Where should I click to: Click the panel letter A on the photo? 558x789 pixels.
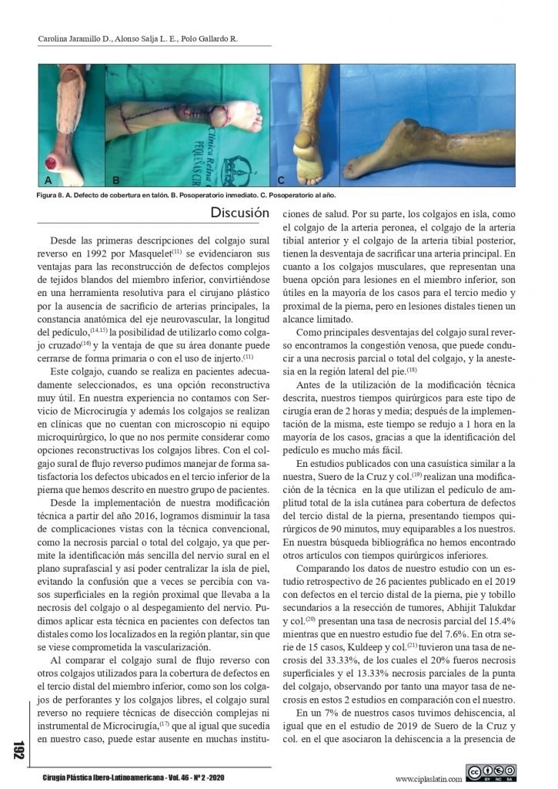coord(48,180)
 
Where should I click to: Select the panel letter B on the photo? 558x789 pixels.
coord(116,180)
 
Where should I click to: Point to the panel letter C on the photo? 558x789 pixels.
coord(281,180)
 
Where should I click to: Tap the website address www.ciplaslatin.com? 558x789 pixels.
coord(429,778)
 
